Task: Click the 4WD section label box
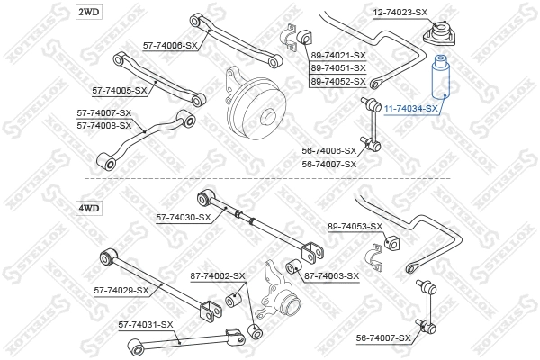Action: [89, 208]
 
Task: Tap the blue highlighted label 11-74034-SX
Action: [411, 108]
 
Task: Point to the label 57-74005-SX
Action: [121, 91]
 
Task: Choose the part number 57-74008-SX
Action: [103, 125]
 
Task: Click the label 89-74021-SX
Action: [338, 56]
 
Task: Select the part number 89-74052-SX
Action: [338, 81]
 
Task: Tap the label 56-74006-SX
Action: [329, 151]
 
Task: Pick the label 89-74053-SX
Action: [355, 226]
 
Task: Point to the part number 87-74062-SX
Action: [217, 275]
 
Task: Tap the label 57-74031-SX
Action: [145, 324]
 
